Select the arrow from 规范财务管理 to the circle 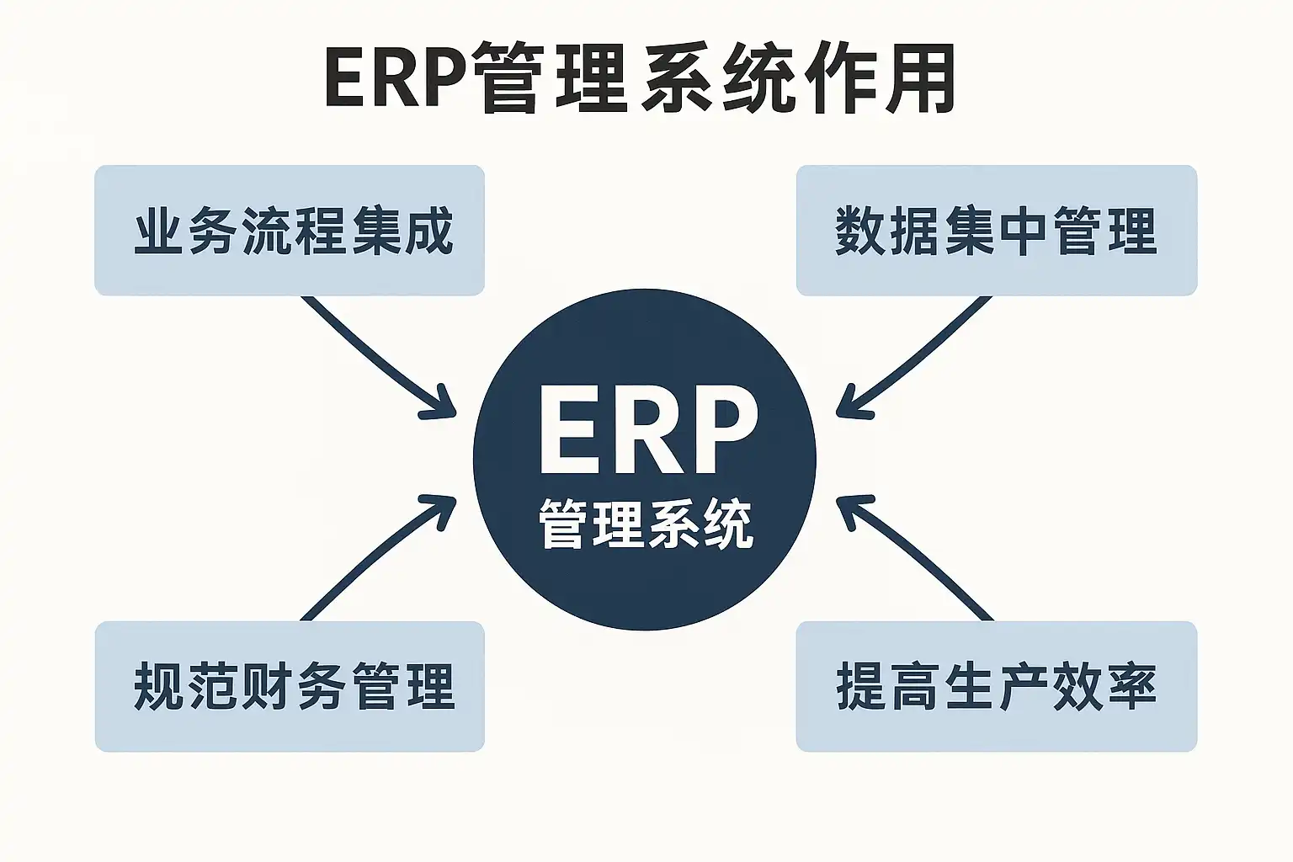pyautogui.click(x=370, y=556)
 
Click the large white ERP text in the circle pyautogui.click(x=646, y=431)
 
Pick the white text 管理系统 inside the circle pyautogui.click(x=646, y=524)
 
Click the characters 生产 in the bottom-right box pyautogui.click(x=996, y=686)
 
